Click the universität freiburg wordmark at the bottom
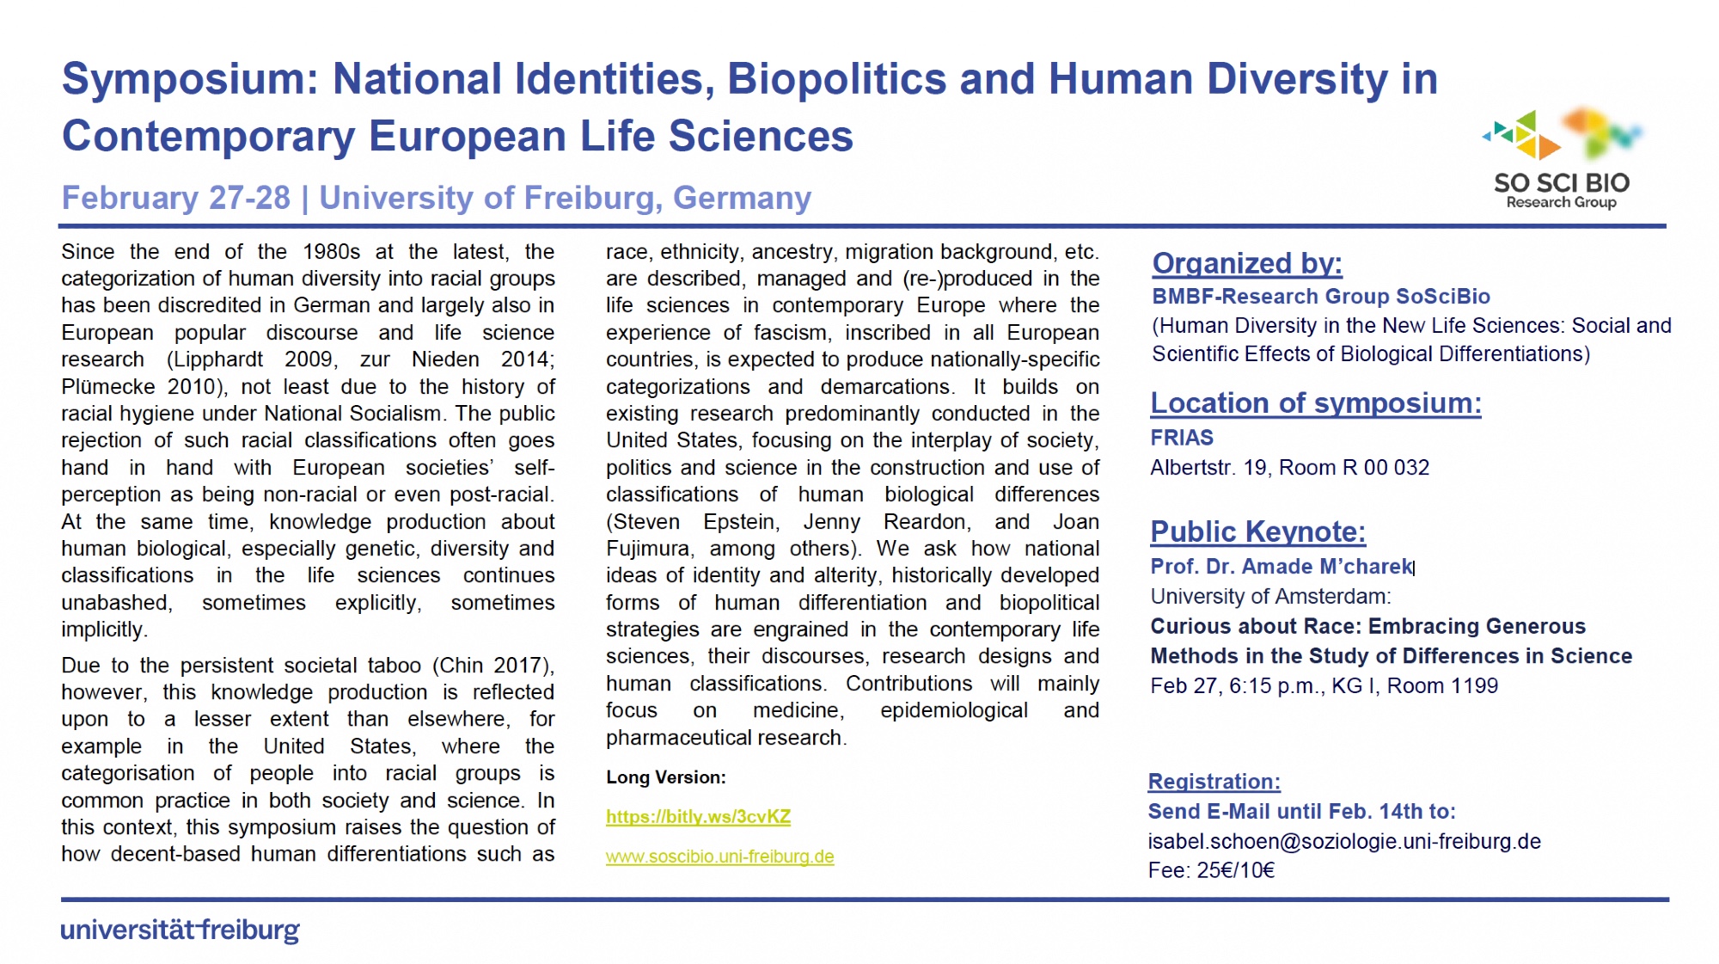coord(180,930)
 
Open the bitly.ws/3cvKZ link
coord(698,817)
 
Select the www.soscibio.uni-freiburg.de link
coord(719,857)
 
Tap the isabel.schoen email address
coord(1343,841)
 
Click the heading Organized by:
coord(1246,263)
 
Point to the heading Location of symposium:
coord(1315,402)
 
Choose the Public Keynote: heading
coord(1257,531)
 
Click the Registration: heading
coord(1214,782)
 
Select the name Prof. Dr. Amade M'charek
coord(1281,567)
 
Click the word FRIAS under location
coord(1182,438)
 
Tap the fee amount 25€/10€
coord(1235,870)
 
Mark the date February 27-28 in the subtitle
coord(176,198)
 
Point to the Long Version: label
coord(665,777)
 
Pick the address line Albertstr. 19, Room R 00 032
coord(1289,468)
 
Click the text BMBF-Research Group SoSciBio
coord(1320,297)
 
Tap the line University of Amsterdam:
coord(1270,597)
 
